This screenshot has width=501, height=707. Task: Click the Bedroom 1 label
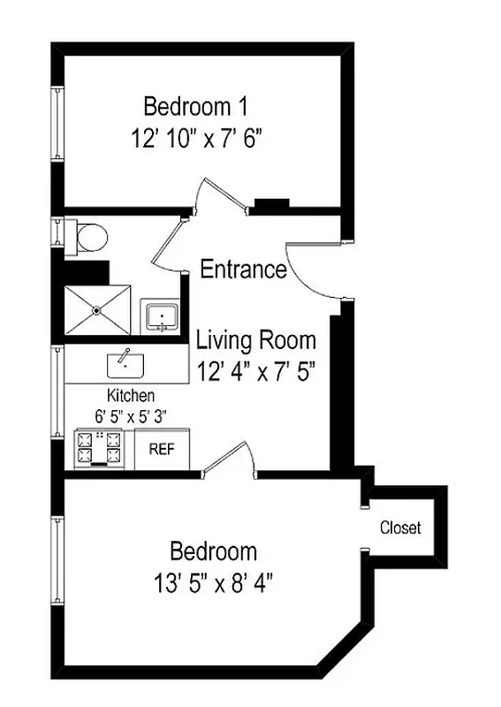[195, 107]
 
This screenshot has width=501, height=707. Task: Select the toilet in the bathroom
[89, 236]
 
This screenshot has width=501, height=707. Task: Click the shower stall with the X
[97, 310]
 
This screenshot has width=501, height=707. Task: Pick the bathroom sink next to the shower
[161, 316]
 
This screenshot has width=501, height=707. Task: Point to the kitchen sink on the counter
[125, 362]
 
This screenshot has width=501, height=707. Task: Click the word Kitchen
[131, 395]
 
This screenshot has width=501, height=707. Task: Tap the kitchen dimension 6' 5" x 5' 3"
[131, 414]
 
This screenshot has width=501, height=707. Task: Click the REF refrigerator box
[161, 449]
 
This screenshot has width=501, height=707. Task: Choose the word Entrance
[243, 270]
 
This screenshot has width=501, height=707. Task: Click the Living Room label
[255, 339]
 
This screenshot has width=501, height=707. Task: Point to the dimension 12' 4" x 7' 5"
[255, 369]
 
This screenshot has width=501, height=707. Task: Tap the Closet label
[400, 528]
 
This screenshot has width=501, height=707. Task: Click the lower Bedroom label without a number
[214, 552]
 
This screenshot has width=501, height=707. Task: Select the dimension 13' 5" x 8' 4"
[214, 583]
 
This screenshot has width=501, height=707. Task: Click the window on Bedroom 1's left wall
[57, 124]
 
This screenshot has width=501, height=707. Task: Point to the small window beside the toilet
[57, 233]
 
